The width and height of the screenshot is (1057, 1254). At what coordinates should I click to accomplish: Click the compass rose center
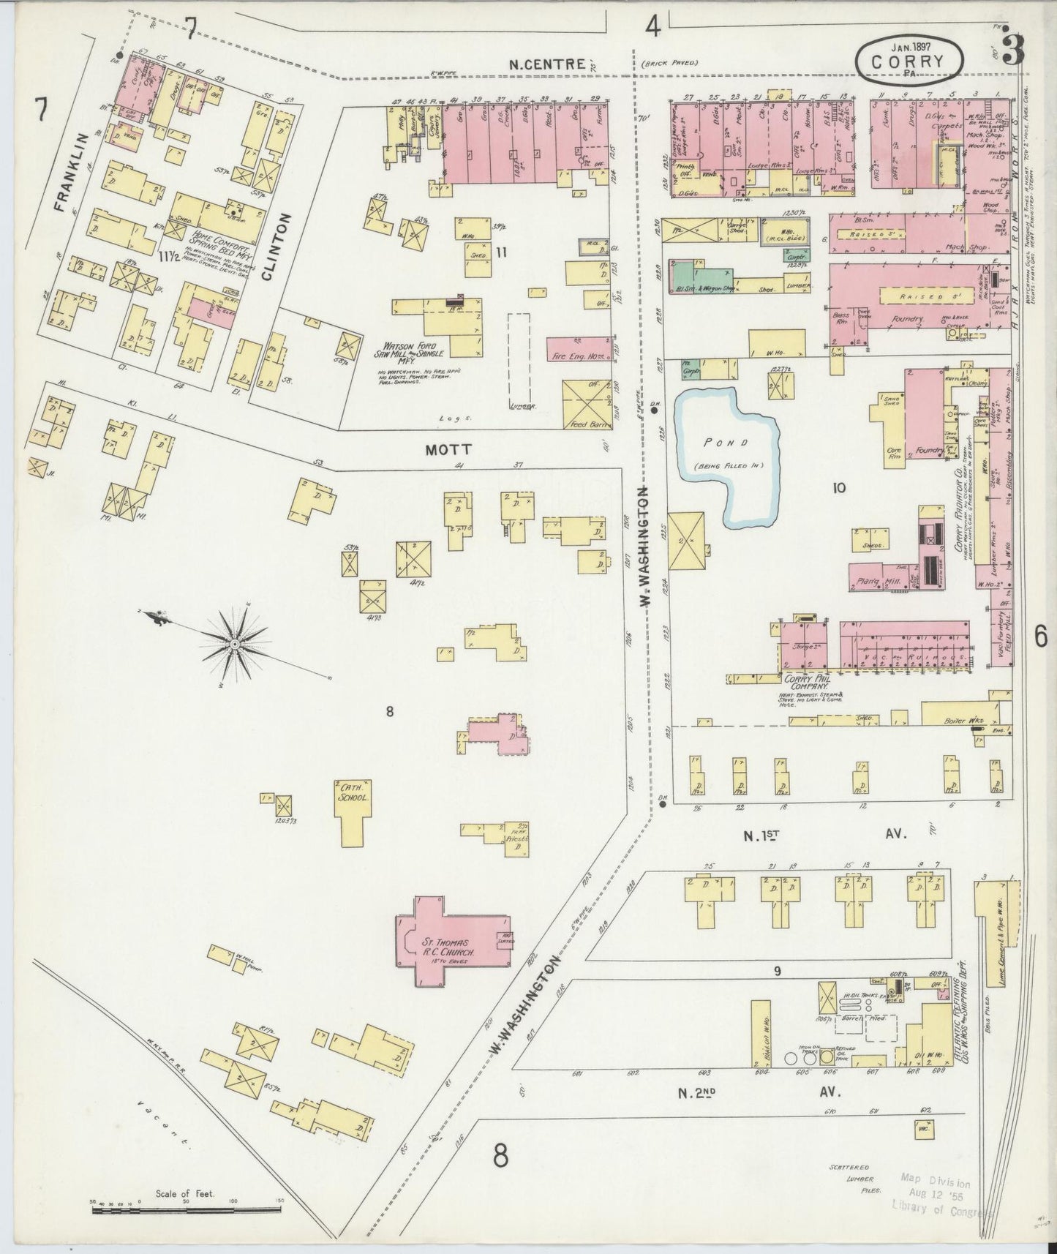[x=235, y=643]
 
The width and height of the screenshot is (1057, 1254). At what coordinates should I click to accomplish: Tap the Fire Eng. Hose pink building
[x=579, y=350]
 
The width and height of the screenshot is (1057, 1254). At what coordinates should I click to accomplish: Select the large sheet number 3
[x=1014, y=51]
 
